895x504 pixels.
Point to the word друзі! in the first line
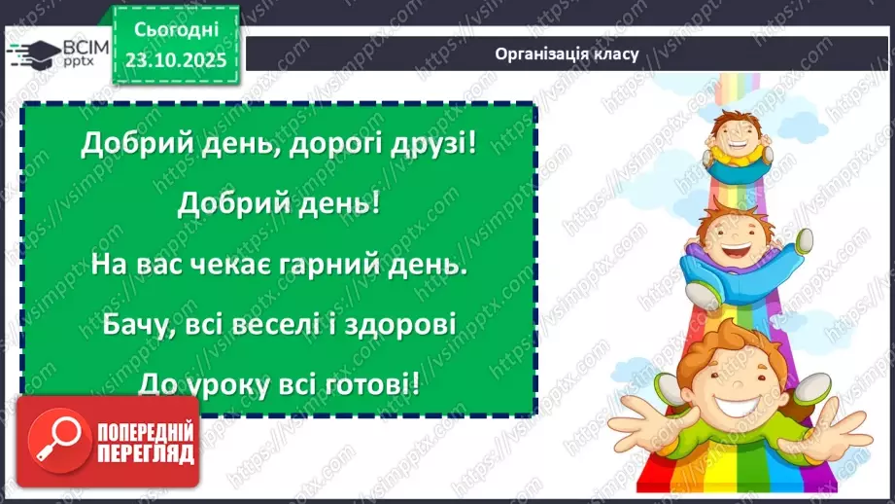click(x=433, y=145)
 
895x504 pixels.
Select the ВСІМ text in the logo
click(x=71, y=47)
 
